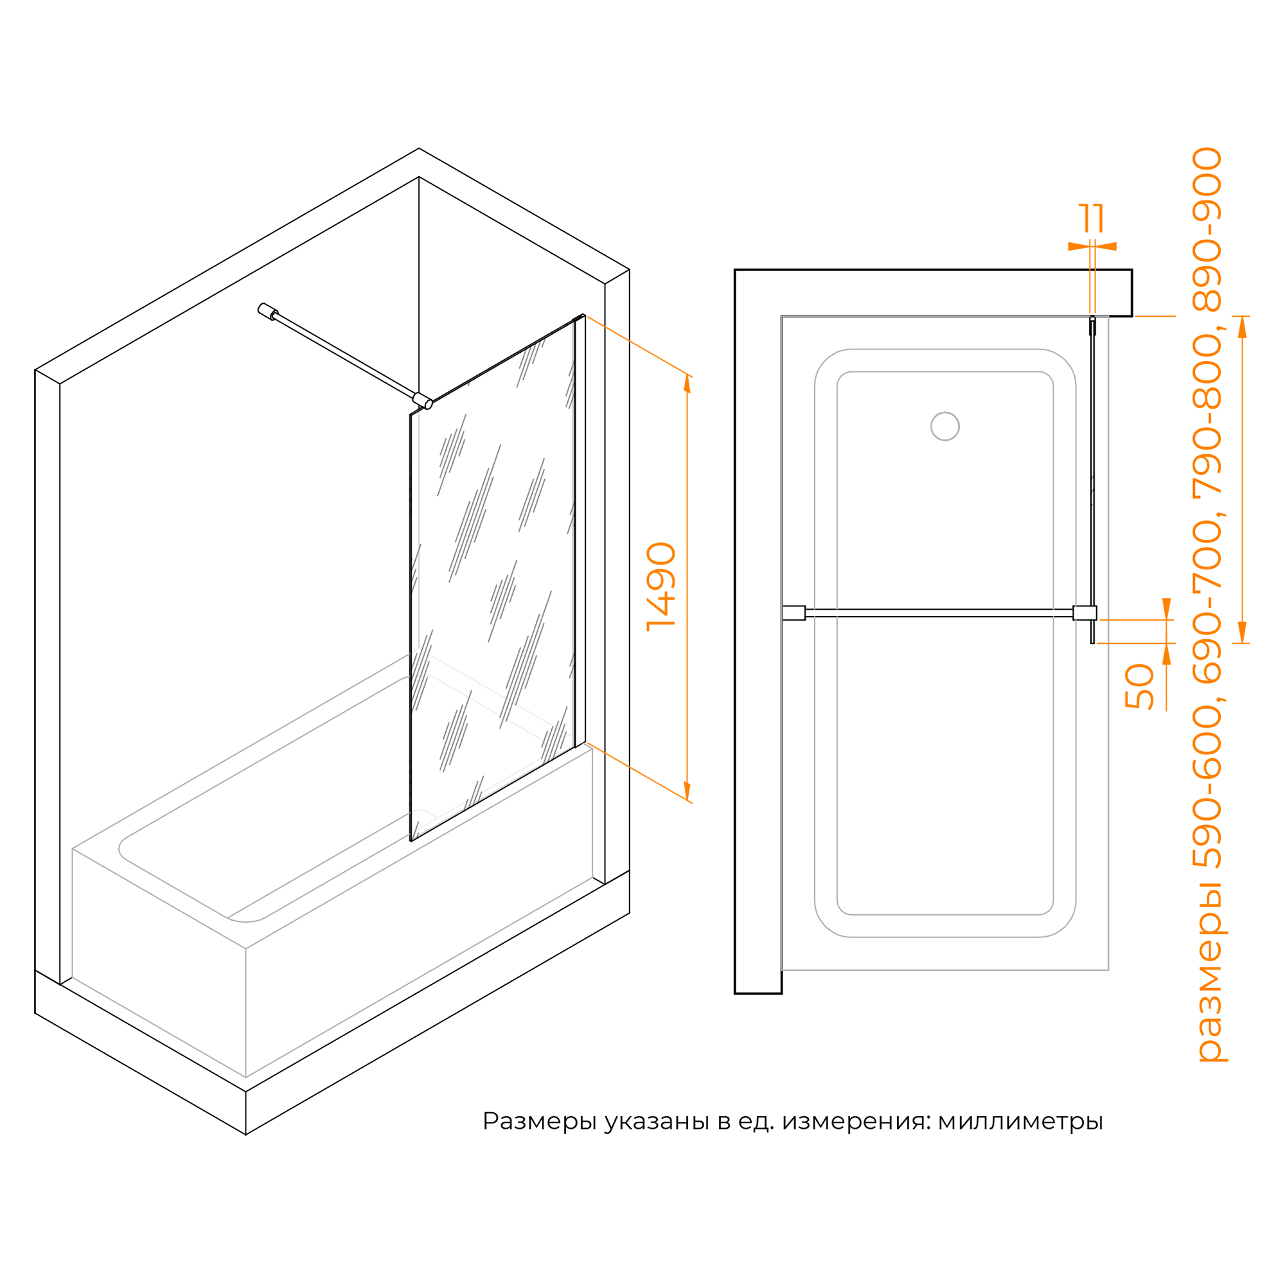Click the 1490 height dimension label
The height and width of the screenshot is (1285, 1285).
click(x=661, y=586)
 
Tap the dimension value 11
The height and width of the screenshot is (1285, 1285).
click(x=1092, y=218)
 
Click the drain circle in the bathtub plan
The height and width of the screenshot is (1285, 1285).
click(x=944, y=427)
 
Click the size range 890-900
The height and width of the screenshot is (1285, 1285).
click(x=1207, y=229)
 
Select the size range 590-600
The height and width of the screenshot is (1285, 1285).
click(x=1207, y=787)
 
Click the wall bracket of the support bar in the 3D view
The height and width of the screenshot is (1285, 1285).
click(x=267, y=310)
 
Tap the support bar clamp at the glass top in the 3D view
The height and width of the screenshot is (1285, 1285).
click(x=422, y=400)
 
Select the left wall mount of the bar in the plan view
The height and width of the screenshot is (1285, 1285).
click(x=793, y=612)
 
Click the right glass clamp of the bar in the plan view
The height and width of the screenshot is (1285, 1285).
click(x=1085, y=612)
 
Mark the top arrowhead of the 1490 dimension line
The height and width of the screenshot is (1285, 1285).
click(x=687, y=383)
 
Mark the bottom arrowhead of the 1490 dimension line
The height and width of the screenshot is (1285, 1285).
click(x=687, y=791)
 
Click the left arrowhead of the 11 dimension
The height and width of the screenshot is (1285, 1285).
click(x=1078, y=246)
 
